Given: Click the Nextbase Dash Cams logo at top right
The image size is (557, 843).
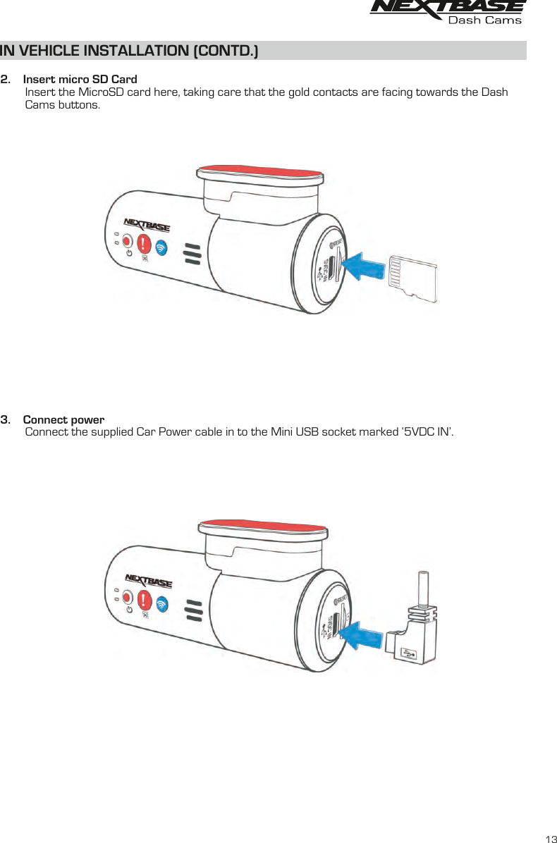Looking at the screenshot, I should (x=448, y=12).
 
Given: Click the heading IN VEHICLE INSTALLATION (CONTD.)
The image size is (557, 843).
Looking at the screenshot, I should (x=130, y=51).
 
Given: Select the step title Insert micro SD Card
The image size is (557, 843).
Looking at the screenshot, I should (x=80, y=79).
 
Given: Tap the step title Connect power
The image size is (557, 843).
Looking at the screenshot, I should (x=63, y=420).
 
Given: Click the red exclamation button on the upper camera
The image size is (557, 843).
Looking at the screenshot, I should (x=145, y=243).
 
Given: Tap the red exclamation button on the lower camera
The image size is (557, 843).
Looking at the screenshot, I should (x=145, y=600).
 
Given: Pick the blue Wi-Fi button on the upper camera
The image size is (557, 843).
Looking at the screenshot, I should (x=162, y=247).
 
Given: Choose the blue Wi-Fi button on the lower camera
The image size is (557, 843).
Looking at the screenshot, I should (x=162, y=604).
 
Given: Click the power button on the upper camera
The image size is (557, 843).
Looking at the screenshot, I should (x=128, y=242).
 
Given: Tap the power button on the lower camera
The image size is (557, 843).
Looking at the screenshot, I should (x=128, y=598).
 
